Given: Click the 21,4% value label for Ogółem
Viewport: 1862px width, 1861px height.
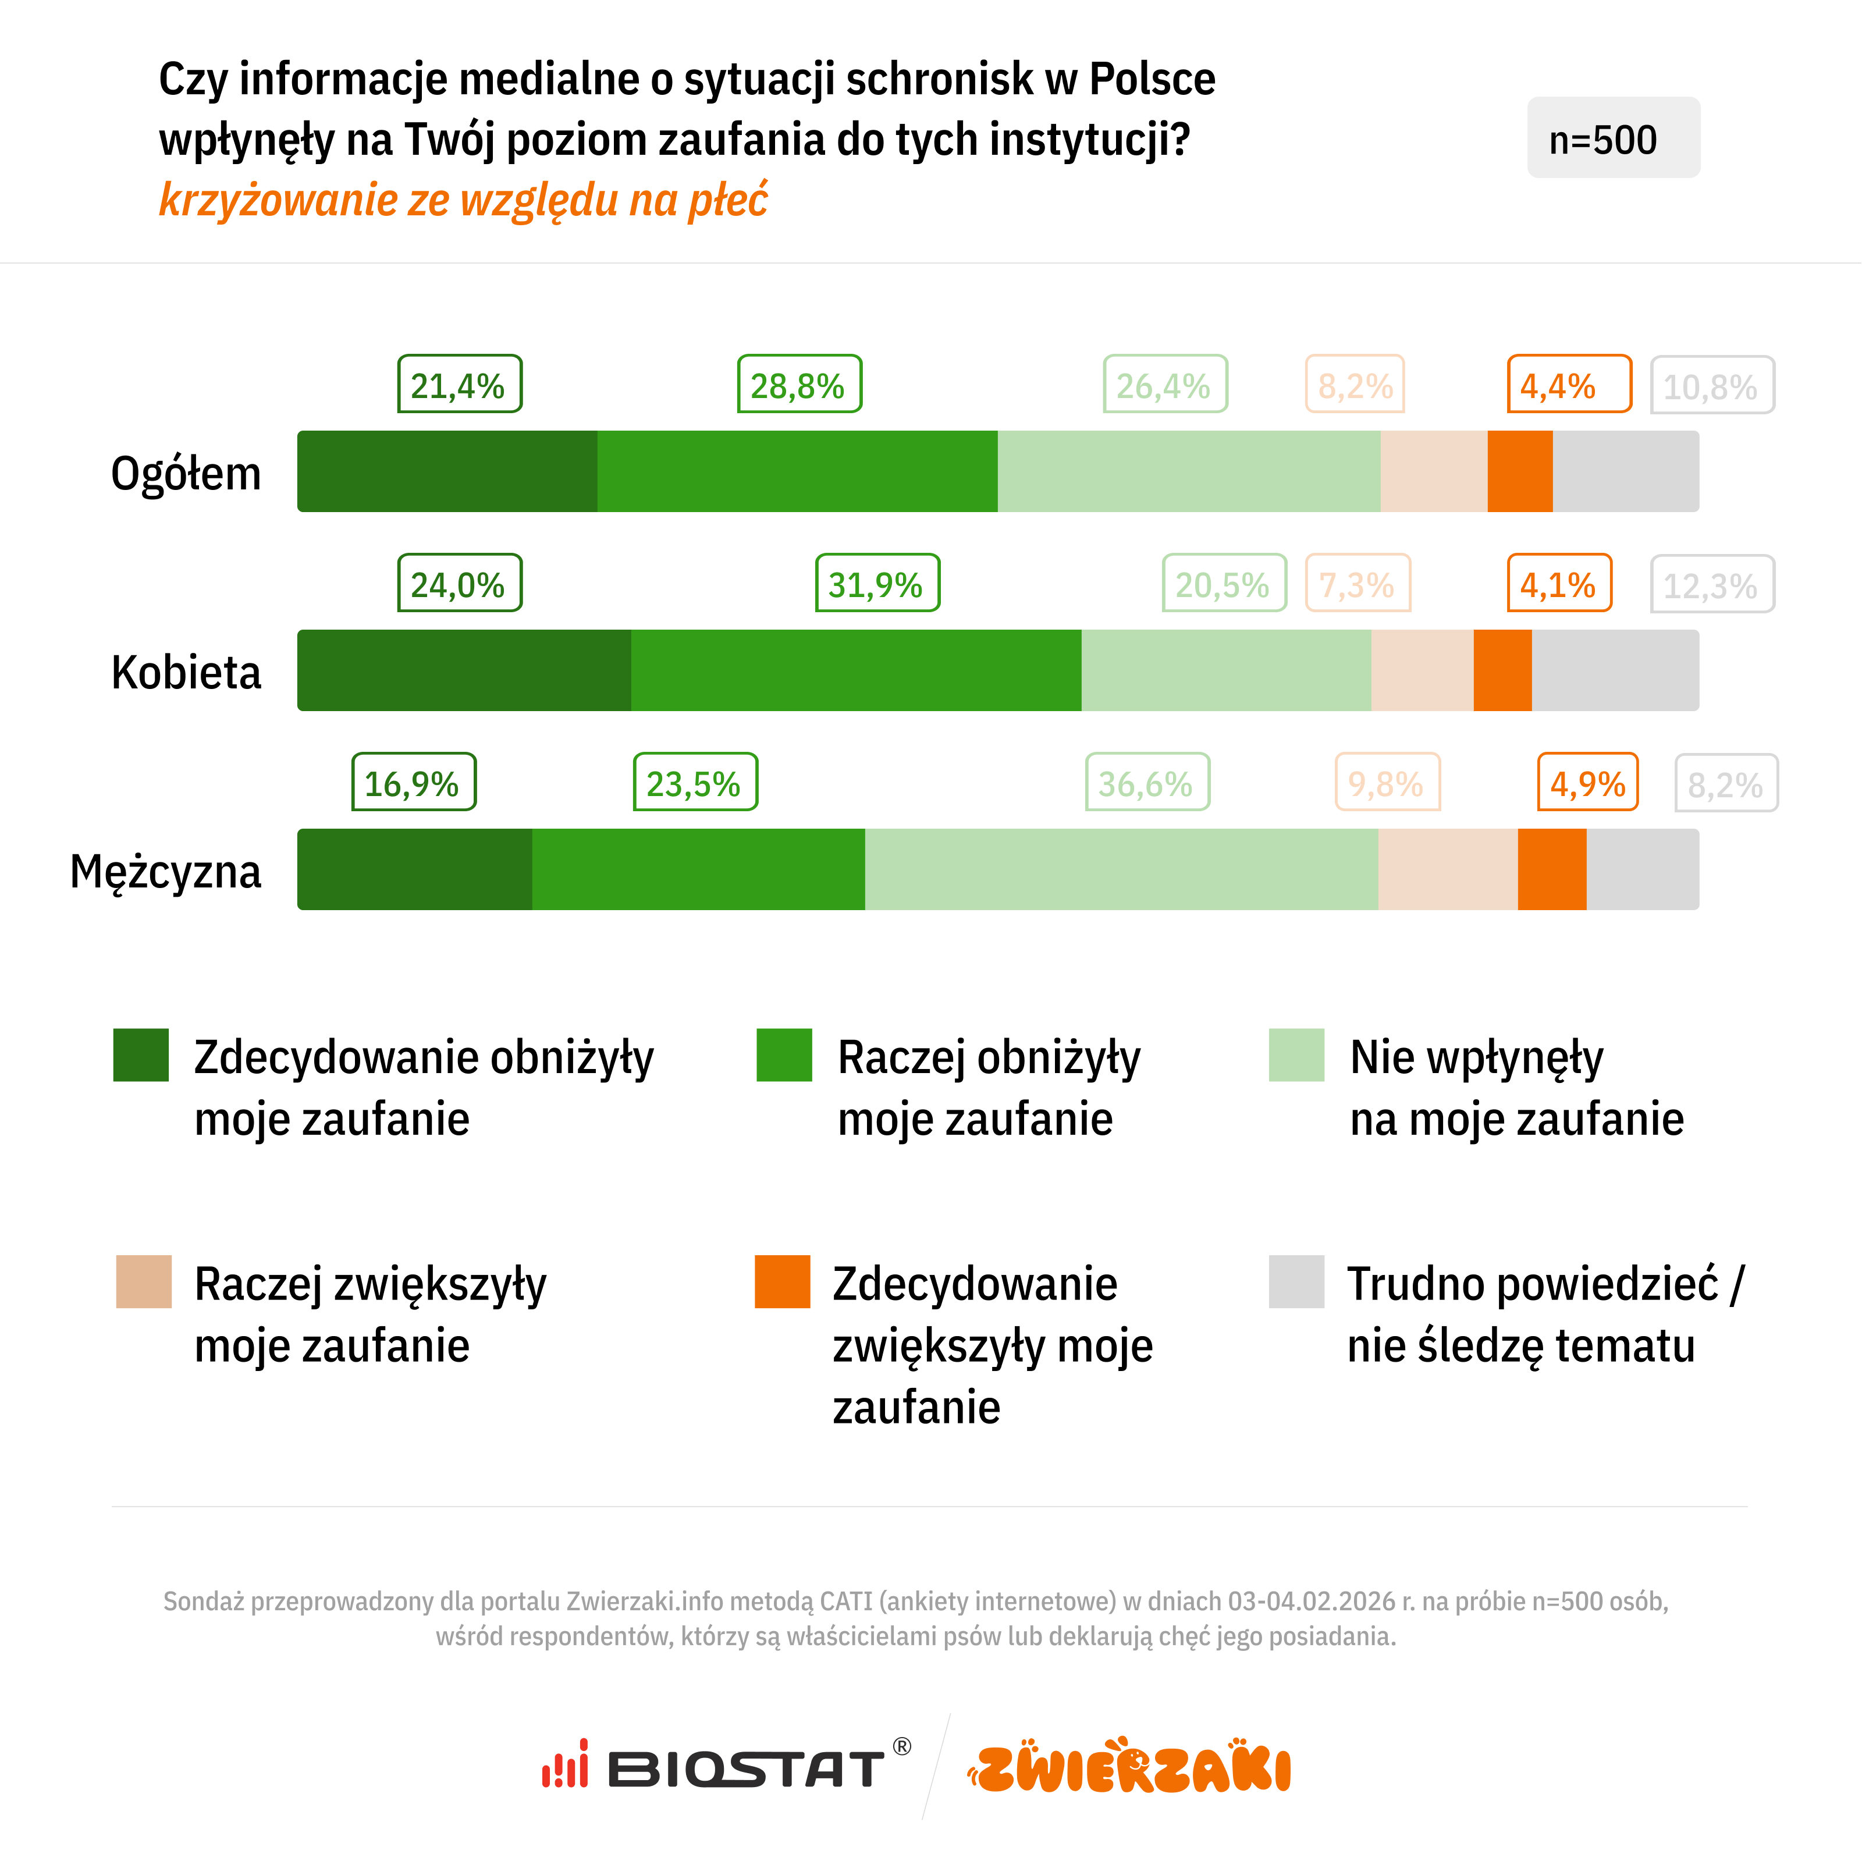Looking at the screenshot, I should coord(459,385).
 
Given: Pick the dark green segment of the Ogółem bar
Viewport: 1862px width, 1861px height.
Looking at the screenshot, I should coord(447,471).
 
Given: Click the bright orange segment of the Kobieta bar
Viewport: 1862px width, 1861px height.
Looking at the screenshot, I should coord(1502,671).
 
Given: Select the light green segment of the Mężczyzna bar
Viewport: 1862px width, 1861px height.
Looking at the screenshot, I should coord(1121,869).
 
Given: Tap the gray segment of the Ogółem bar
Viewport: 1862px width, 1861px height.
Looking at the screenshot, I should coord(1625,471).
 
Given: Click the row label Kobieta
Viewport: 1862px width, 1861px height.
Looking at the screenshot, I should coord(186,672).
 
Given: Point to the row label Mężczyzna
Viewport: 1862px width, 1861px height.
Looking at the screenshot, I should coord(166,871).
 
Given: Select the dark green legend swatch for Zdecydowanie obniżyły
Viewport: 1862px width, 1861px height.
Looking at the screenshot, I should coord(141,1055).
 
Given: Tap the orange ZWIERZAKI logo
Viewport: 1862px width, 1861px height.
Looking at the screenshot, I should coord(1129,1767).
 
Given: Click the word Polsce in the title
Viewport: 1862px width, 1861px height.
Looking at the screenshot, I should coord(1152,80).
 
